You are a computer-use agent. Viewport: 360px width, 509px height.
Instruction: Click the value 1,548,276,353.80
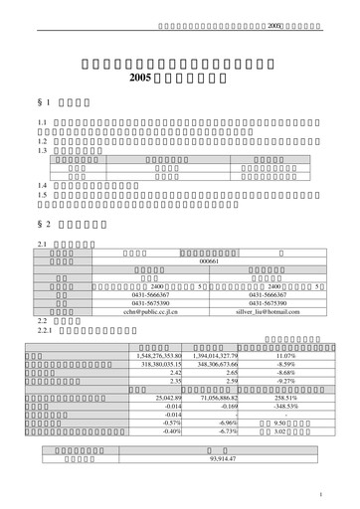159,354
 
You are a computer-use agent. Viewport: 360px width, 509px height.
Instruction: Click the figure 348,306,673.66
214,363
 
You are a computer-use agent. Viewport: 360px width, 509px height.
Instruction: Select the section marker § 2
42,224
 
